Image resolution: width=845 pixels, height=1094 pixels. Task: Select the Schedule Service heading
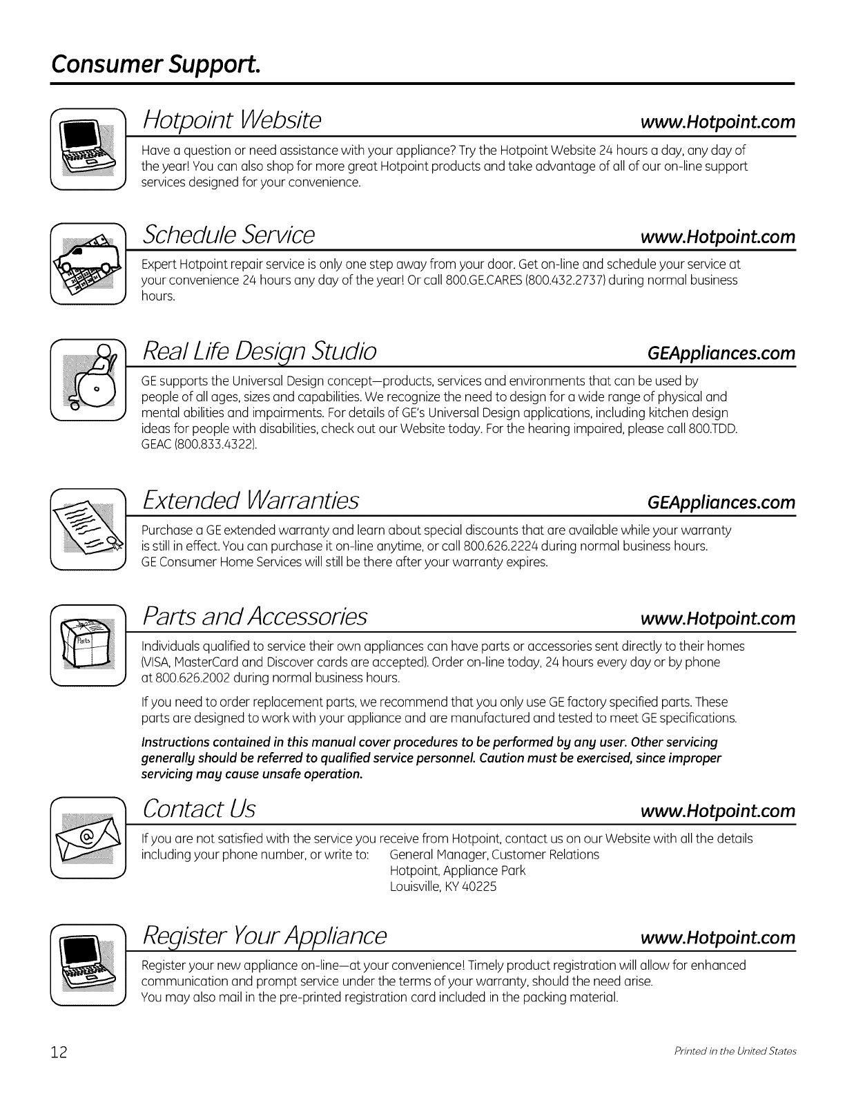click(x=229, y=236)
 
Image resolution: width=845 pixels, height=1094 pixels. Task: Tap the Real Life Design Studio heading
click(x=259, y=351)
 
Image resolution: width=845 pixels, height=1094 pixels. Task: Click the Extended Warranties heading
click(x=250, y=499)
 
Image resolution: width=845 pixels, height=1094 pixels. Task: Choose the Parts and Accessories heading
click(x=254, y=616)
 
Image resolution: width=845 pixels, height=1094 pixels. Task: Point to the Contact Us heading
click(x=198, y=808)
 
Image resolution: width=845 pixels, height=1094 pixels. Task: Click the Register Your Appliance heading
click(x=264, y=935)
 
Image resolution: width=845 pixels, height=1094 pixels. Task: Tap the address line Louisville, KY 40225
click(x=443, y=886)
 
